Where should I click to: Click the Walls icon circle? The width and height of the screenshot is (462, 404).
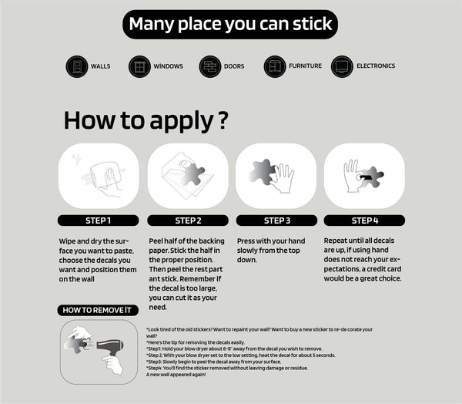(x=77, y=67)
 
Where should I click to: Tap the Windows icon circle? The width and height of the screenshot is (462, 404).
(x=139, y=67)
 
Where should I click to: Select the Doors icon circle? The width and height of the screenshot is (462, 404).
(x=210, y=67)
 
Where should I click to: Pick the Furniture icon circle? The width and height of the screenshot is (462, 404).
(x=275, y=67)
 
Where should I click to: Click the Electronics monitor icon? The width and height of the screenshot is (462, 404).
(x=342, y=67)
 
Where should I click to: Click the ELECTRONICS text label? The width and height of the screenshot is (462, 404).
(x=376, y=66)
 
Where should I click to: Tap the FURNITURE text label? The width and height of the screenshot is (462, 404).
(x=305, y=66)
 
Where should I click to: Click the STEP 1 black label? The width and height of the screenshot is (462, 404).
(x=98, y=221)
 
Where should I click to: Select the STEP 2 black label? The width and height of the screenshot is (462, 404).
(x=188, y=221)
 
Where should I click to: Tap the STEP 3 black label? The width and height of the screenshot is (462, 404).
(x=277, y=221)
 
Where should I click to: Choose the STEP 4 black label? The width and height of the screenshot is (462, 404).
(x=364, y=221)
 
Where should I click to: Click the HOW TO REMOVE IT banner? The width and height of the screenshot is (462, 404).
(x=98, y=310)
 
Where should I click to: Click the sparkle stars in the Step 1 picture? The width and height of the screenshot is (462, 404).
(x=77, y=160)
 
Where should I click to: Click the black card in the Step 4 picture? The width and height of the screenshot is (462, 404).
(x=367, y=177)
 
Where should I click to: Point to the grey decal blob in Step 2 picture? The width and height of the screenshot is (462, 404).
(x=192, y=174)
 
